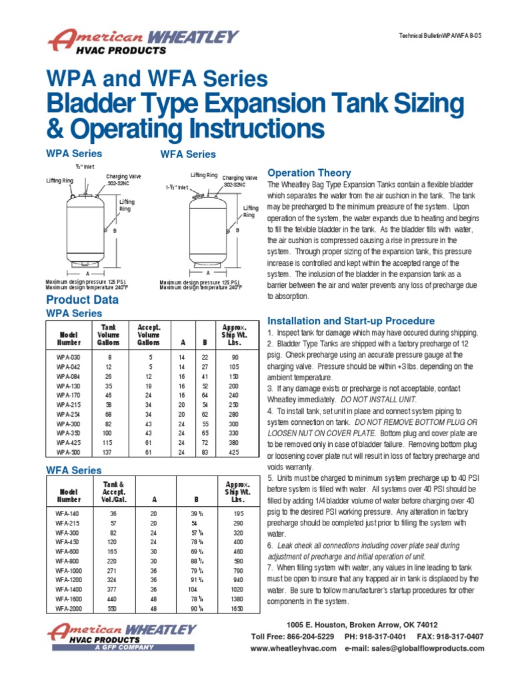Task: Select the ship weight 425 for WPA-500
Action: coord(234,453)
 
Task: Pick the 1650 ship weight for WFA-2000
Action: coord(237,608)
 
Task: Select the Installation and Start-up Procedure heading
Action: coord(351,321)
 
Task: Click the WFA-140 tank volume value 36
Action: coord(113,513)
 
